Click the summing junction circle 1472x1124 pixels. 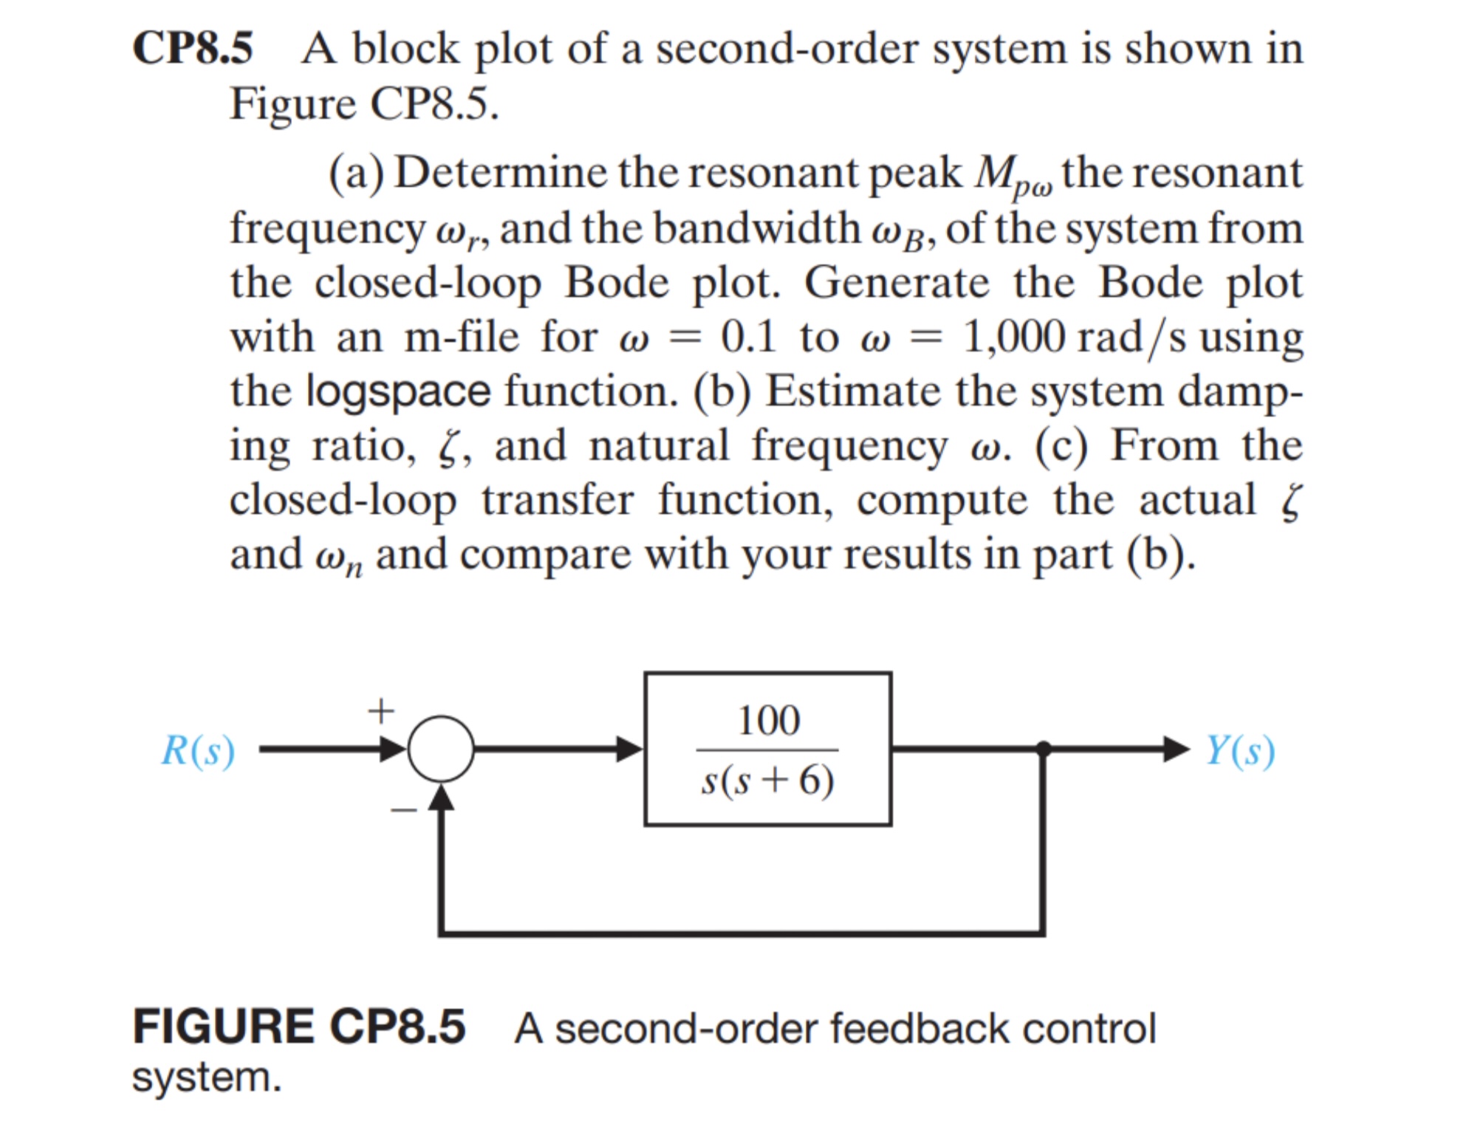coord(440,749)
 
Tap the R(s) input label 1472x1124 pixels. coord(198,750)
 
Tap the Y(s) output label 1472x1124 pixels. coord(1239,750)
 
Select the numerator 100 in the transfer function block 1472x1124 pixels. coord(768,720)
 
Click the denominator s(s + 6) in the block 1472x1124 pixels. coord(768,780)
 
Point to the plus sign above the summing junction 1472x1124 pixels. coord(381,711)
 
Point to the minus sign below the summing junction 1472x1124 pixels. coord(404,810)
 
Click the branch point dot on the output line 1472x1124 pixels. coord(1043,749)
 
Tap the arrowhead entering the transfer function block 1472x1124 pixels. coord(629,749)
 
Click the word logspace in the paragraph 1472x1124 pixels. coord(398,391)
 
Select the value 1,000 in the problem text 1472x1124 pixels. coord(1014,337)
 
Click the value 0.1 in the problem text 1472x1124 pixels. coord(747,337)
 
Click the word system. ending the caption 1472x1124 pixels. coord(207,1077)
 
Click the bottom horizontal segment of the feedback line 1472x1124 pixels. coord(739,934)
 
